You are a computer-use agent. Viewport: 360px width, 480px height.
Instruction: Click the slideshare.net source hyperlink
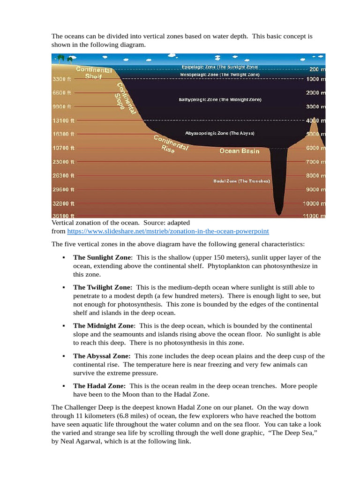[x=168, y=232]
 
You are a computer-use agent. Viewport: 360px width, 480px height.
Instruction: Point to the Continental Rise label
[x=171, y=144]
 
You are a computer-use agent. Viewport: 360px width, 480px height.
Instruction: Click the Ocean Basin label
[x=240, y=151]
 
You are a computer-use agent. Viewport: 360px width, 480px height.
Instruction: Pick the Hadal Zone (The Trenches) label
[x=241, y=181]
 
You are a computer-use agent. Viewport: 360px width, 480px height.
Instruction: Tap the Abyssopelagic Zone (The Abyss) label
[x=220, y=133]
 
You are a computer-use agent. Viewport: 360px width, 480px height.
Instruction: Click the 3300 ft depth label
[x=61, y=79]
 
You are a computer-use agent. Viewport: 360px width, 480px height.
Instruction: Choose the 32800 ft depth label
[x=63, y=204]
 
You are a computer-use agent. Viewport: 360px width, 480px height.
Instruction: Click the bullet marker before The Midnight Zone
[x=62, y=326]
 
